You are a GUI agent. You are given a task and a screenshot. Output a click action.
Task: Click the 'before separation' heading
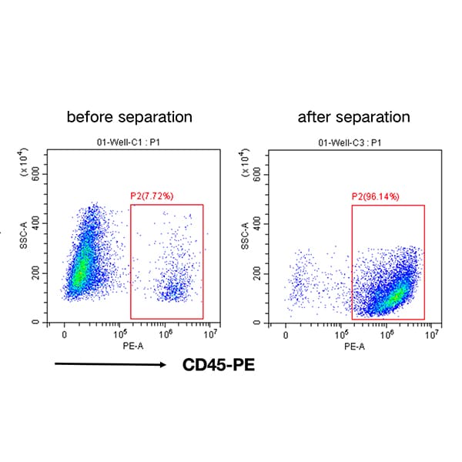tap(129, 118)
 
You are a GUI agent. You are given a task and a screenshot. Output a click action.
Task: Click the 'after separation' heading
tap(354, 118)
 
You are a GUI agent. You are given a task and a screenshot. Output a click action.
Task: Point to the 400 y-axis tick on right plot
tap(257, 223)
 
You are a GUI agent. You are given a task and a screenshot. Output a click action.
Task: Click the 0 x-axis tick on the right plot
tap(286, 336)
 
